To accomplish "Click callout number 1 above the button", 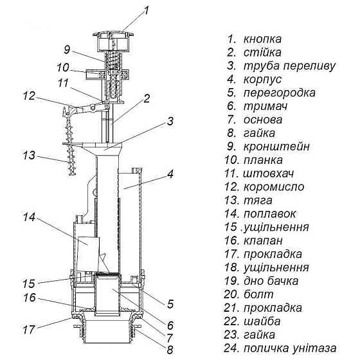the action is [146, 11].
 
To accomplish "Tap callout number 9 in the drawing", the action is [67, 50].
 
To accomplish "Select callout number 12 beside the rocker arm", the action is [29, 96].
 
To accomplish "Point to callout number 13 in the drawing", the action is [29, 156].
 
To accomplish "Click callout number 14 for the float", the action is [29, 217].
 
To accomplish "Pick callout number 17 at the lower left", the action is [29, 330].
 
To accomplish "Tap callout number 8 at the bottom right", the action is [170, 350].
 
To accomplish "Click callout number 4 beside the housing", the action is [170, 174].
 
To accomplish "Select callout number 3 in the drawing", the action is [170, 122].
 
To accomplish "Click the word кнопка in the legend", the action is [262, 39].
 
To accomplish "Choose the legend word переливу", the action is [309, 66].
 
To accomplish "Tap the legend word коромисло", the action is [274, 187].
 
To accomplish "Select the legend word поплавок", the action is [269, 214].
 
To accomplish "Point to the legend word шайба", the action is [262, 321].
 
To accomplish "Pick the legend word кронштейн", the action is [276, 147].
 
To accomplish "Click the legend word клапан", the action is [263, 241].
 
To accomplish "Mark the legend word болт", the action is [258, 294].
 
